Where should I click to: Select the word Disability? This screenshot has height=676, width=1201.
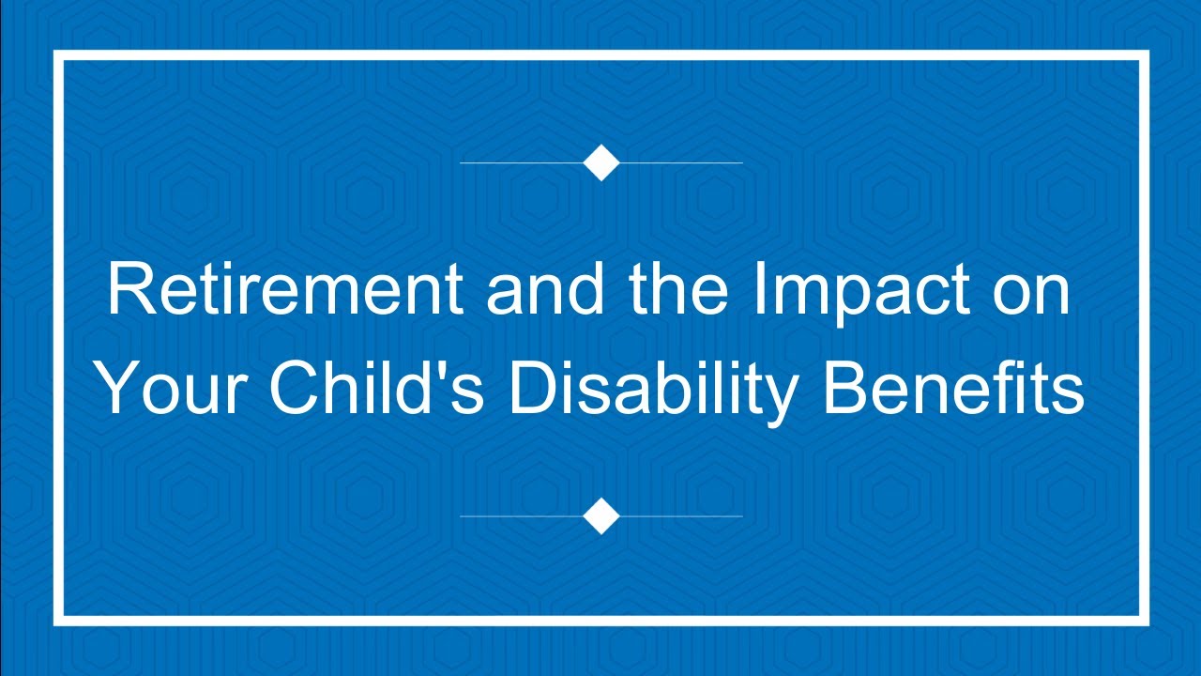[x=651, y=390]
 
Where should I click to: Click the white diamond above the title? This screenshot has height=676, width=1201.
[x=601, y=162]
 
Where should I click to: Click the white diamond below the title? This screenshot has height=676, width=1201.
[x=601, y=515]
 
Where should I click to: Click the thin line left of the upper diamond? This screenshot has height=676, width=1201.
[x=521, y=162]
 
